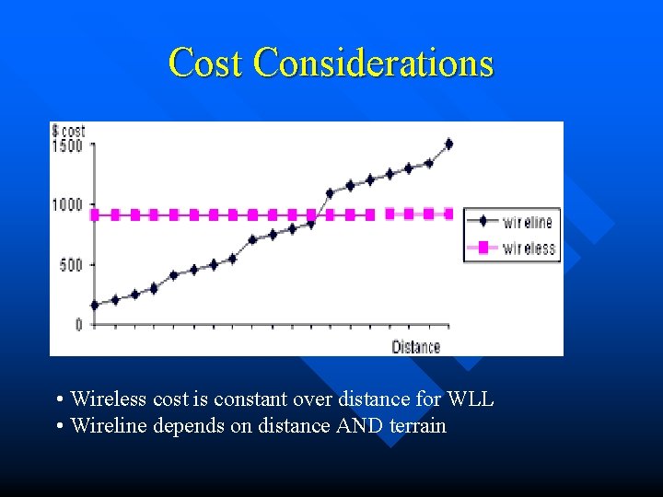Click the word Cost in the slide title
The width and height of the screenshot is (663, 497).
coord(206,64)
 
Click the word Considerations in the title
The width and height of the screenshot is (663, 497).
coord(373,64)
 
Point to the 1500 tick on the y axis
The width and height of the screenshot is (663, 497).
coord(68,145)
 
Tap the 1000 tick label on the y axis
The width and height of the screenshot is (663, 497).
coord(68,204)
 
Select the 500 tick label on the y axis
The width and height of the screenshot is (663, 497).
coord(72,265)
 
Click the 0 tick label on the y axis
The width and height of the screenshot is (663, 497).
coord(79,325)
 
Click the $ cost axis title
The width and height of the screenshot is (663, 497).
coord(68,132)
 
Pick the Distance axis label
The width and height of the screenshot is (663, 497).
coord(416,346)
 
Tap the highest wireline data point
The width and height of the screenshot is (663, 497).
coord(448,144)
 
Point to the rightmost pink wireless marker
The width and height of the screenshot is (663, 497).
coord(448,214)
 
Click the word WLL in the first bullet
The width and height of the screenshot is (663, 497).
coord(471,399)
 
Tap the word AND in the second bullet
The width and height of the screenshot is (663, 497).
coord(362,426)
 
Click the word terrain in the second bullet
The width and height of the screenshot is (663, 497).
coord(418,426)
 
